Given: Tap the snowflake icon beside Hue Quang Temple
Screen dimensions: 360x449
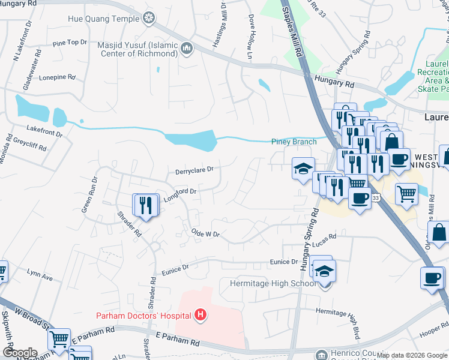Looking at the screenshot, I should (148, 19).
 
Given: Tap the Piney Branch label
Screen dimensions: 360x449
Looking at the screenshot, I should (294, 142).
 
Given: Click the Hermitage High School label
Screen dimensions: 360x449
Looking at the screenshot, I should (273, 283).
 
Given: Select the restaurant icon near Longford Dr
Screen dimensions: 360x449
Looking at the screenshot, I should (145, 206).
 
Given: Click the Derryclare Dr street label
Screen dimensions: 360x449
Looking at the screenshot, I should (194, 170).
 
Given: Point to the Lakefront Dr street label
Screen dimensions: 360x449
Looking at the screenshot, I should (44, 130).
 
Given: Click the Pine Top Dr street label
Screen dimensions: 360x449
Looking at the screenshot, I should (70, 43).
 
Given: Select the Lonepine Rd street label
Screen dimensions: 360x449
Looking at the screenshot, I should (57, 77).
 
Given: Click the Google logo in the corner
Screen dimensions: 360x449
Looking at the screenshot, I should (19, 353).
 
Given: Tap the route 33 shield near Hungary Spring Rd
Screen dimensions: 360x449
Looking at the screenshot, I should (375, 197).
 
